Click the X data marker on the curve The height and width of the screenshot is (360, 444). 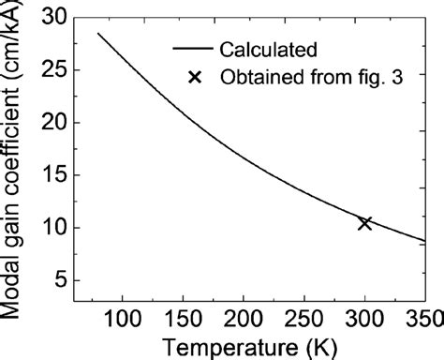coord(364,223)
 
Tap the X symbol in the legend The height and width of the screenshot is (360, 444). coord(195,78)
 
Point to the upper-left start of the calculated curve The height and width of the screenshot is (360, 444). coord(98,34)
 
